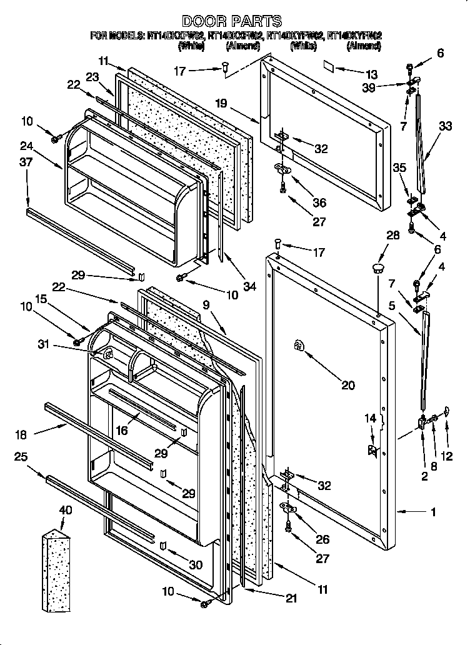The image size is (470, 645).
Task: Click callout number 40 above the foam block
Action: pyautogui.click(x=65, y=511)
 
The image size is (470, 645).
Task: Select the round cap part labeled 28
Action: pyautogui.click(x=377, y=268)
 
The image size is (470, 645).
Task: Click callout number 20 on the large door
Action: pyautogui.click(x=347, y=385)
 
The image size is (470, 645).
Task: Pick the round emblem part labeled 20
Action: pyautogui.click(x=299, y=346)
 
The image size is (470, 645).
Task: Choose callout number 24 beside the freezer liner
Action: pyautogui.click(x=26, y=147)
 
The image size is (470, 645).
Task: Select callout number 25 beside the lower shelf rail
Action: pyautogui.click(x=21, y=457)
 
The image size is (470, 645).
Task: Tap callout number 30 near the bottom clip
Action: pyautogui.click(x=196, y=564)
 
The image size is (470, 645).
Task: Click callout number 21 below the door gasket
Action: pyautogui.click(x=291, y=599)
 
